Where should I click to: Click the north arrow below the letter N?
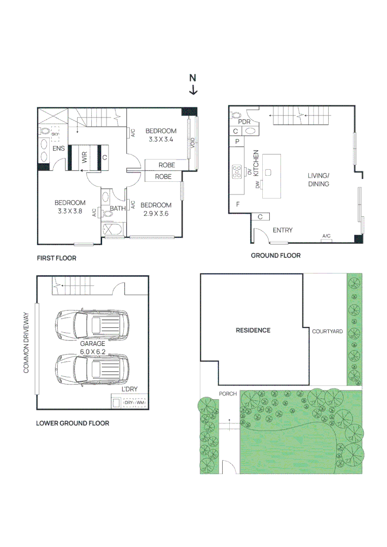click(193, 90)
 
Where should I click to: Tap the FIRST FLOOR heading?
click(56, 258)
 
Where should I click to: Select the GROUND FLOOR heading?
click(275, 256)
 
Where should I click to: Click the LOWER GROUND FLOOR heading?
click(72, 423)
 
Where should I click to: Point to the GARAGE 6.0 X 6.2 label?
click(92, 347)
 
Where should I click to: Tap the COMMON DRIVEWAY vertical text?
click(26, 343)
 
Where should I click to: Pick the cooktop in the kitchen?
click(237, 172)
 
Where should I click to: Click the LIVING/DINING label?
click(318, 180)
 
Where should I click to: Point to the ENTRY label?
click(283, 230)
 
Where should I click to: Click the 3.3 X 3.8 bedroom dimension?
click(70, 212)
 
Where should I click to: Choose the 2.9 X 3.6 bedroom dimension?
click(156, 214)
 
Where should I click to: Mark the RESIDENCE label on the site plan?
click(253, 330)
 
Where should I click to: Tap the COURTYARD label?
click(327, 332)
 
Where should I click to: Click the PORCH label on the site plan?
click(228, 394)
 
